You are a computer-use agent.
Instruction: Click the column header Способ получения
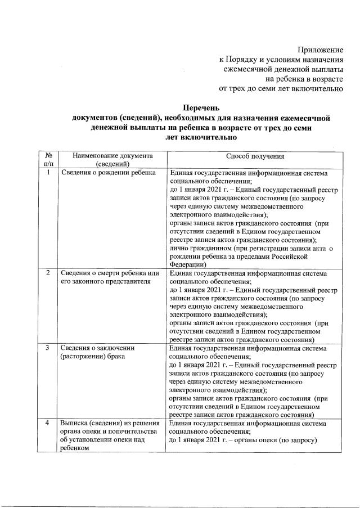[x=255, y=156]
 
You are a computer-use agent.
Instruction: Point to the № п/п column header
[x=48, y=160]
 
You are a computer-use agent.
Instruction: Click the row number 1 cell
[x=48, y=173]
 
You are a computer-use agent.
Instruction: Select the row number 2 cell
[x=48, y=273]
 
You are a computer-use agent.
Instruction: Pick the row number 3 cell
[x=48, y=348]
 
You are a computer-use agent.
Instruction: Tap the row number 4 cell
[x=48, y=422]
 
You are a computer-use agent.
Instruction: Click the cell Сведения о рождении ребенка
[x=108, y=173]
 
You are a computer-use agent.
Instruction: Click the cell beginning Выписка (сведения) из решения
[x=110, y=422]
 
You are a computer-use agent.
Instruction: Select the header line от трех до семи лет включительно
[x=281, y=88]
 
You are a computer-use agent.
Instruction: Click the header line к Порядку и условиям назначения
[x=281, y=60]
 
